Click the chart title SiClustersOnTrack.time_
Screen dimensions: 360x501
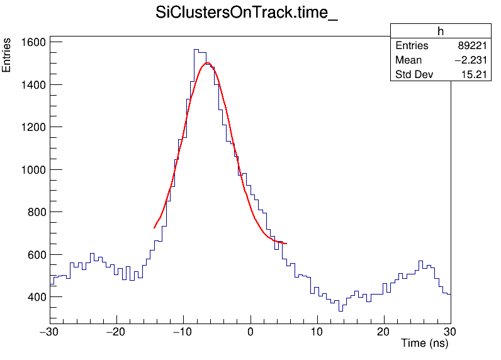[247, 14]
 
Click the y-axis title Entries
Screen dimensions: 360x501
[7, 55]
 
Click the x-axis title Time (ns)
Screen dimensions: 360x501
[425, 344]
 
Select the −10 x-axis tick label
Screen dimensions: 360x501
[182, 331]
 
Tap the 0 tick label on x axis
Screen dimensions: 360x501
[250, 331]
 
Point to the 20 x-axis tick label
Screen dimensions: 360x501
[384, 331]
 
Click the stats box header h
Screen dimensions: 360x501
[441, 31]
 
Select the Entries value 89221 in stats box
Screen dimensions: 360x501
[470, 46]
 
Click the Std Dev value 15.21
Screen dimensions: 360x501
[472, 75]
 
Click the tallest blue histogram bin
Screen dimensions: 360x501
[196, 50]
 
